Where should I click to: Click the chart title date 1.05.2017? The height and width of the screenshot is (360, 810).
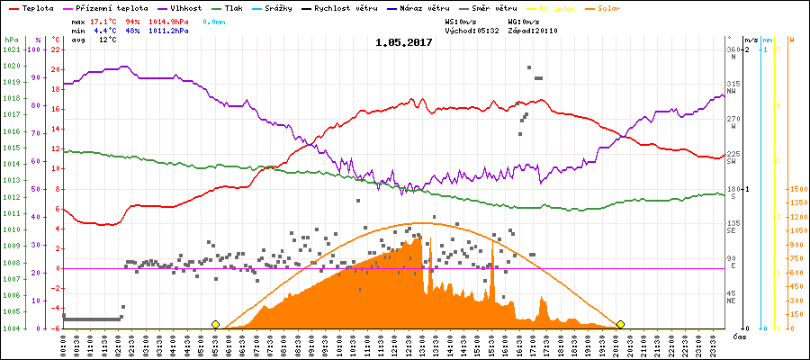(x=404, y=41)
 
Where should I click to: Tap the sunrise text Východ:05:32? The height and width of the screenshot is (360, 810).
(x=472, y=30)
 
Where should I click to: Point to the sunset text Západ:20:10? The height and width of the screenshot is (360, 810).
(x=535, y=30)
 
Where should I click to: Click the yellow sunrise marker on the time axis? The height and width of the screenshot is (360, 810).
(x=215, y=324)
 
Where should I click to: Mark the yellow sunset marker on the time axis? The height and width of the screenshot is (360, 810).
(x=620, y=324)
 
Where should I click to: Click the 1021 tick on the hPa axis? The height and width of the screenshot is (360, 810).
(x=11, y=49)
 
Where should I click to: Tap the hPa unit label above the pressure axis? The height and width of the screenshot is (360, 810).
(x=11, y=40)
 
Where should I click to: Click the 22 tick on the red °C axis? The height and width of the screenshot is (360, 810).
(x=55, y=49)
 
